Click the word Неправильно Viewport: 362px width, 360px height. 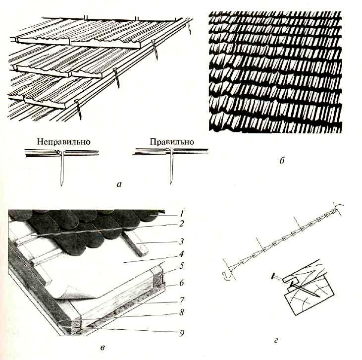point(63,142)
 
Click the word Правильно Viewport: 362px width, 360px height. point(172,142)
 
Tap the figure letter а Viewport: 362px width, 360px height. point(119,184)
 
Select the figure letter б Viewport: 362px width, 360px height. point(282,161)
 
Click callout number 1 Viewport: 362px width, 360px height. point(182,213)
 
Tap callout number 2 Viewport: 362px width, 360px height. point(181,223)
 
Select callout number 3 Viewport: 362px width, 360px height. point(181,241)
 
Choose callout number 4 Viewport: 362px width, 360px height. point(181,254)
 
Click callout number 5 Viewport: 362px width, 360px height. point(181,266)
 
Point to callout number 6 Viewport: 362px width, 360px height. point(181,283)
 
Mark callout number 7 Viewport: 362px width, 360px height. point(181,300)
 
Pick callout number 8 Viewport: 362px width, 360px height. point(181,312)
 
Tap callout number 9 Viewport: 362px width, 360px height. point(181,333)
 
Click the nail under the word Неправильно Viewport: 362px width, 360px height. point(62,168)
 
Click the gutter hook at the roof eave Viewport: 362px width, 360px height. point(227,275)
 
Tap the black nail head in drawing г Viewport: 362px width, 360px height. point(274,276)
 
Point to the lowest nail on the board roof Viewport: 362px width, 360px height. point(78,109)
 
